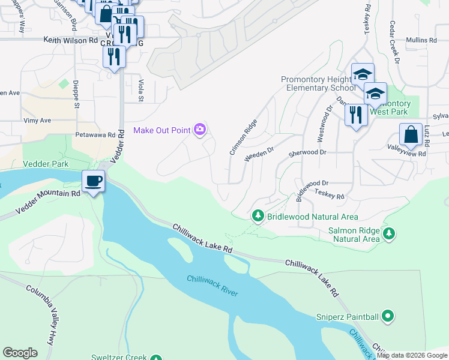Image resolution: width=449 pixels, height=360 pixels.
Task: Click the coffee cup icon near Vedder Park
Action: pos(93,181)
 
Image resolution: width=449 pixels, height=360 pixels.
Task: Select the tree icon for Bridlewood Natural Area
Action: pos(258,215)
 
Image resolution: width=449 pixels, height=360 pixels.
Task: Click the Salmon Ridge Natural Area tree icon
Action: pos(389,233)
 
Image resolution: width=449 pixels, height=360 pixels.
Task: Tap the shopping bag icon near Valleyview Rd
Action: pos(411,135)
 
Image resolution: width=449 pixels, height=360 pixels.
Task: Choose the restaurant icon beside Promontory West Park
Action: pos(356,113)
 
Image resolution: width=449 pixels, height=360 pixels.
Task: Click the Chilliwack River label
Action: pos(212,286)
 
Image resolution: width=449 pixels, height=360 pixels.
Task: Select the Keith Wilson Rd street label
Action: pos(70,40)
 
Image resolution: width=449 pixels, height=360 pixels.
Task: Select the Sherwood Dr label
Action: pos(307,153)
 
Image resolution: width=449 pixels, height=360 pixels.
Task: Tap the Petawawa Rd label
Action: pos(94,136)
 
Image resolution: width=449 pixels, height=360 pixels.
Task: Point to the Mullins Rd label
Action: pos(420,40)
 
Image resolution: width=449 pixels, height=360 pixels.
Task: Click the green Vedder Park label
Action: pos(46,164)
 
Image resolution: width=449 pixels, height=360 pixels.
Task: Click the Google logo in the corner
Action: pos(20,352)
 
